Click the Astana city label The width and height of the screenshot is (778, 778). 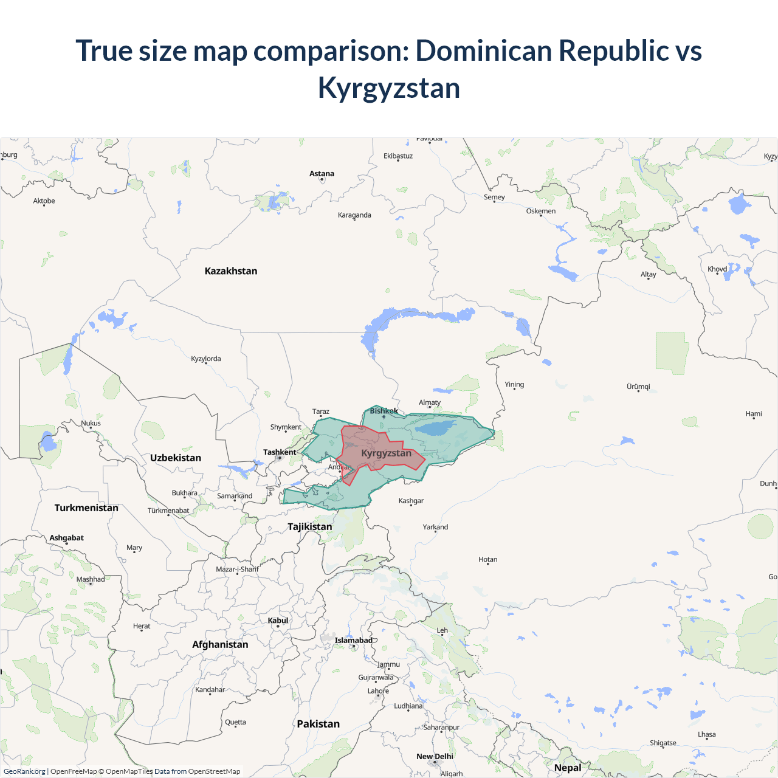[x=322, y=174]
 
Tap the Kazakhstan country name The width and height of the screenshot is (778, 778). [x=231, y=271]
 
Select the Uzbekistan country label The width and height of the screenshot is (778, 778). [x=176, y=458]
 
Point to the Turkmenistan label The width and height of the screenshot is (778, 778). [x=86, y=508]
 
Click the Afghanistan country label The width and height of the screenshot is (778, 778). [x=220, y=644]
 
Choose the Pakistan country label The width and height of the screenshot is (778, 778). [x=318, y=724]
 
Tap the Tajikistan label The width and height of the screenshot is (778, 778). [x=310, y=526]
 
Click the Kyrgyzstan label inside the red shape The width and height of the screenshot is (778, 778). [x=386, y=453]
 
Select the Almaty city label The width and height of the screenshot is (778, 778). [x=430, y=402]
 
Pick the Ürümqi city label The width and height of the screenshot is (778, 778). [x=638, y=387]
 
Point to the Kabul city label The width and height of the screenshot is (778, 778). [x=278, y=621]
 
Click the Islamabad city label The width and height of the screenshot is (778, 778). [x=353, y=640]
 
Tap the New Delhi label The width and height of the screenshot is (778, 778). [x=435, y=756]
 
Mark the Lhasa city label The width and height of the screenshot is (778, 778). [x=706, y=734]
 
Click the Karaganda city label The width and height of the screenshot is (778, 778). [x=354, y=215]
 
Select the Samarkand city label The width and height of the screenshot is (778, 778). [x=235, y=496]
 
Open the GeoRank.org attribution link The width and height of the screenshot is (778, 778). [x=24, y=771]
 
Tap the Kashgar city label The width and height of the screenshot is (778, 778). [x=411, y=501]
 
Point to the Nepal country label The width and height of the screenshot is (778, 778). [x=568, y=768]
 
